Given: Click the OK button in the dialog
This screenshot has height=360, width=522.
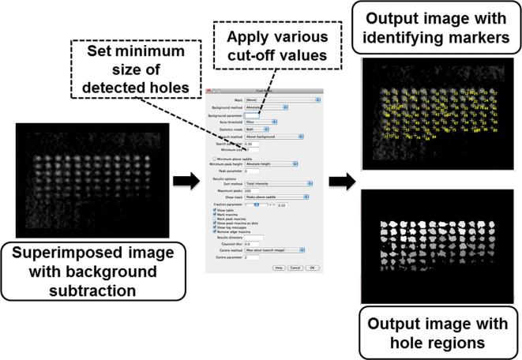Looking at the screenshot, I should pyautogui.click(x=312, y=268).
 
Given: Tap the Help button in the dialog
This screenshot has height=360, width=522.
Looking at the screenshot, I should pyautogui.click(x=279, y=268).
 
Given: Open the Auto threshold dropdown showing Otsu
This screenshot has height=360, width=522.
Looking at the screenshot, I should pyautogui.click(x=259, y=122).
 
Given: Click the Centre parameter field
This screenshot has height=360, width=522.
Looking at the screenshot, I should pyautogui.click(x=253, y=257).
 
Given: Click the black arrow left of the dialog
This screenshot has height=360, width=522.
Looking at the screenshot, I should pyautogui.click(x=184, y=182).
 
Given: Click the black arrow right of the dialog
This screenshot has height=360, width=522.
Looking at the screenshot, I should pyautogui.click(x=340, y=182).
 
